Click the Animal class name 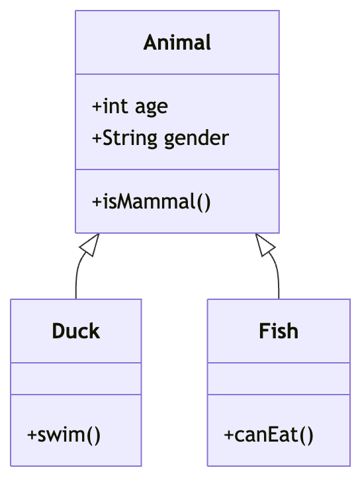tap(177, 42)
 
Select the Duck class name tap(75, 330)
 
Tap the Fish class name tap(279, 330)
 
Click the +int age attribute tap(130, 106)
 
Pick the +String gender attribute tap(160, 138)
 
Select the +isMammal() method tap(151, 201)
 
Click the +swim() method tap(64, 435)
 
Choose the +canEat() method tap(268, 435)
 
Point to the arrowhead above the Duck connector tap(89, 245)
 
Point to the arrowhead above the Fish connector tap(265, 245)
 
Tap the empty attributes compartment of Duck tap(75, 379)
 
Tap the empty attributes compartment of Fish tap(279, 379)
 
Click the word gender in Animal tap(196, 138)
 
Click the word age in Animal tap(152, 106)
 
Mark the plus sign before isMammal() tap(97, 201)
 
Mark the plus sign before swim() tap(32, 435)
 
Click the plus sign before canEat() tap(229, 435)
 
